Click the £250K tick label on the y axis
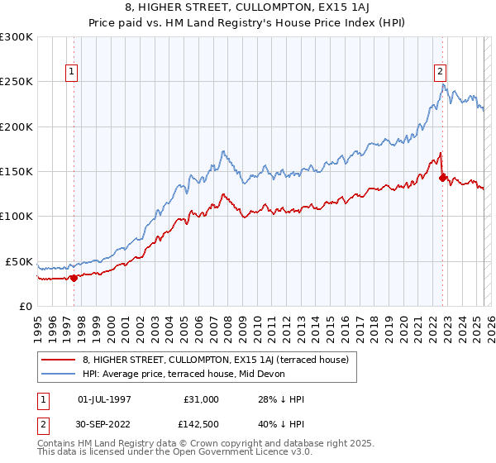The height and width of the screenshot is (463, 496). (17, 82)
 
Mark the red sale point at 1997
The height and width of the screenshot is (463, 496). (74, 278)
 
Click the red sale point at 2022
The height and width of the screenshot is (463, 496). (442, 177)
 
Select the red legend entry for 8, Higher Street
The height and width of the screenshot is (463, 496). (216, 360)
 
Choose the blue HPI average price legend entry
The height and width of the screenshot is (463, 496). (183, 374)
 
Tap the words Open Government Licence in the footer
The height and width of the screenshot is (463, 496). (182, 452)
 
